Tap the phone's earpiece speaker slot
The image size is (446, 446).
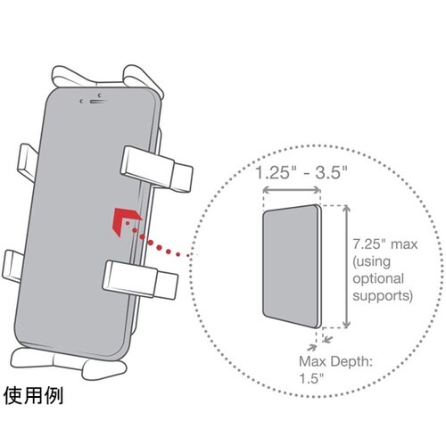point(98,102)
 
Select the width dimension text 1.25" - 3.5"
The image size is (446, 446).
point(301,172)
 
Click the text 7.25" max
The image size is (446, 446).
point(385,244)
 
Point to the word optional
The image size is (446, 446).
point(378,279)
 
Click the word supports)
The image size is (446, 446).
point(383,296)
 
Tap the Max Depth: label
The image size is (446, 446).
point(335,362)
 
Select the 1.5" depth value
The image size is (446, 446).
point(311,378)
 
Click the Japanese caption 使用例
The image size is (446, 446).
point(33,396)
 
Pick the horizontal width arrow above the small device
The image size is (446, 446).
point(292,190)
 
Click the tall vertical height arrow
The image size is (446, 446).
point(346,267)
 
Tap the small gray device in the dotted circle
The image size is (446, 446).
point(292,266)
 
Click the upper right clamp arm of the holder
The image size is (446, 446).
point(157,169)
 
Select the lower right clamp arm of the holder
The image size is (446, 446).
point(140,280)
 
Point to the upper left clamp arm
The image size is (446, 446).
point(29,162)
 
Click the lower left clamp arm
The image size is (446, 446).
point(12,266)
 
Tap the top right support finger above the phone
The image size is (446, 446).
point(143,78)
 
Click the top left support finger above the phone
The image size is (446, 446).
point(75,77)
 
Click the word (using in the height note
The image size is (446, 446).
point(371,262)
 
